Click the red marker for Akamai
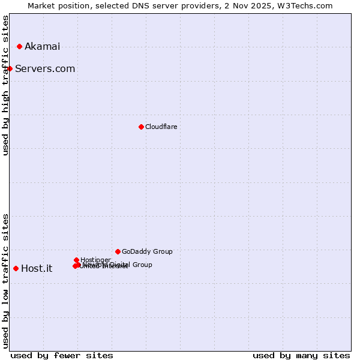[20, 46]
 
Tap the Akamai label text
[42, 47]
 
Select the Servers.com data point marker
[10, 68]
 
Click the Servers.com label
[45, 69]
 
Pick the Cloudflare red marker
[141, 127]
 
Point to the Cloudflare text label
[161, 127]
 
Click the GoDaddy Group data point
[118, 251]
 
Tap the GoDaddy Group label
[147, 252]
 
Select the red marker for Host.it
[16, 268]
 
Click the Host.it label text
[37, 269]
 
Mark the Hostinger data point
[76, 260]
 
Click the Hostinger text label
[95, 260]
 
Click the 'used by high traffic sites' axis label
[5, 85]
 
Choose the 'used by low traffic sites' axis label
[5, 281]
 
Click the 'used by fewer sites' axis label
[62, 356]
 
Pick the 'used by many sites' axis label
[301, 356]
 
